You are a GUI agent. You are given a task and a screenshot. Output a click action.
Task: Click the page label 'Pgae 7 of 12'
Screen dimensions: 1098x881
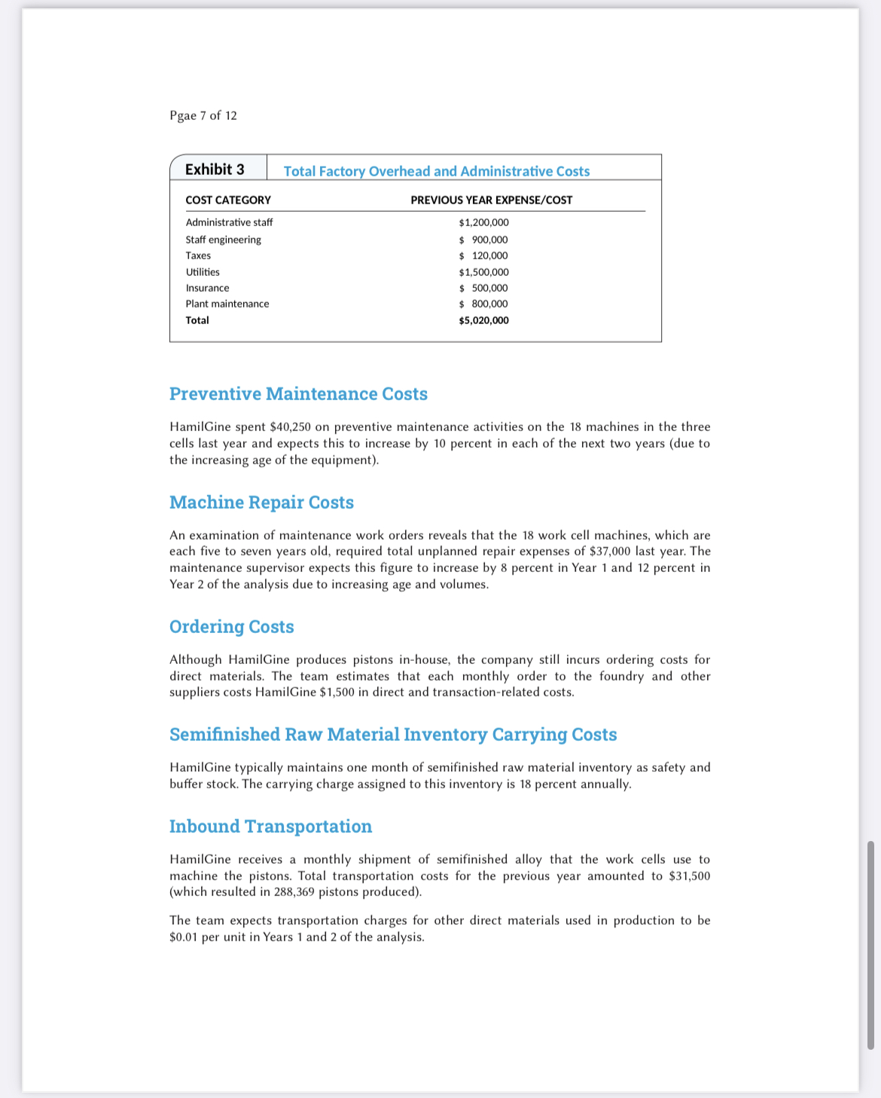[203, 115]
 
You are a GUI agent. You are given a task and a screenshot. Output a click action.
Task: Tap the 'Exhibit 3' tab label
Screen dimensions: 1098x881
[215, 170]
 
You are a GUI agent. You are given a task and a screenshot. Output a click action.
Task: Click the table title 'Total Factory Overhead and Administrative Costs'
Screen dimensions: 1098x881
[436, 171]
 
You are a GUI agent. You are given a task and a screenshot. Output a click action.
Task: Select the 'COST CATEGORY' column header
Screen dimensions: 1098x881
[228, 200]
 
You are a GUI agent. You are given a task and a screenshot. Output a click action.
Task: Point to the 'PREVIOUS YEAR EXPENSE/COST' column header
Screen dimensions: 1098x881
[491, 200]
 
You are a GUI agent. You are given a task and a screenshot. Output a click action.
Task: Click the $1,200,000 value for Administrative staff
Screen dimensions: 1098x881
[483, 222]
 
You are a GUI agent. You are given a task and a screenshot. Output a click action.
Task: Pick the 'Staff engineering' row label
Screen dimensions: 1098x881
[223, 240]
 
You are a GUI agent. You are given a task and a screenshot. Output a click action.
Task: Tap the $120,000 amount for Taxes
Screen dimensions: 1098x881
[484, 255]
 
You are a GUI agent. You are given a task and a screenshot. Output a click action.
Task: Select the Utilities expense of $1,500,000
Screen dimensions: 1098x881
[483, 272]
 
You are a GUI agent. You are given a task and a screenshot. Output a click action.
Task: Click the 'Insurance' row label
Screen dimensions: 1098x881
[207, 288]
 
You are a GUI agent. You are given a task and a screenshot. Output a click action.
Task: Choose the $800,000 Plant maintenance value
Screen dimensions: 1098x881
[484, 304]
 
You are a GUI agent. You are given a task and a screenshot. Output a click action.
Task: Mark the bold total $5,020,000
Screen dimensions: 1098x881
[483, 320]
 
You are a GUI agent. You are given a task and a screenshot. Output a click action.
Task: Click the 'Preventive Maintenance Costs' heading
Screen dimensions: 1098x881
[298, 394]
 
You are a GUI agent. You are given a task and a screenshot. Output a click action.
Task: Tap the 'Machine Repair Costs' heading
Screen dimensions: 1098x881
[261, 503]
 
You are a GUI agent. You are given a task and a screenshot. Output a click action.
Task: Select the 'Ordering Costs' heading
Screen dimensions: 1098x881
[231, 627]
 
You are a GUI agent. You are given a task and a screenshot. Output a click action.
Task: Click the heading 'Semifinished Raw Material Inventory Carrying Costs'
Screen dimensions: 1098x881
[393, 735]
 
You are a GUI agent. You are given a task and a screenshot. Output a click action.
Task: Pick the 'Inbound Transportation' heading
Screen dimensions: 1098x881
[270, 827]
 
